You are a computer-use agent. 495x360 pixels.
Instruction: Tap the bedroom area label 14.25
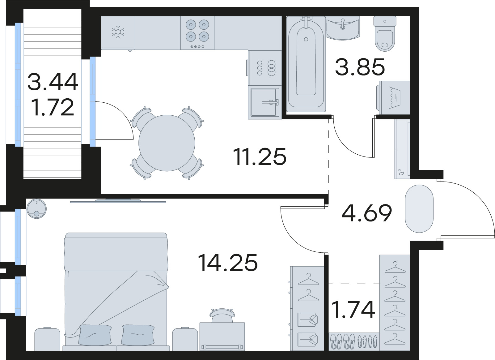(228, 263)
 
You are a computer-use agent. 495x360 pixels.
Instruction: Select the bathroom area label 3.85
(360, 66)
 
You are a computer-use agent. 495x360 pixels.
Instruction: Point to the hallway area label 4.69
(367, 213)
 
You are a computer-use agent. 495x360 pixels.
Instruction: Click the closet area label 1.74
(353, 310)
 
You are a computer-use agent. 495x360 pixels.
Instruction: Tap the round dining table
(167, 143)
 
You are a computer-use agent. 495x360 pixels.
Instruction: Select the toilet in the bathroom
(385, 34)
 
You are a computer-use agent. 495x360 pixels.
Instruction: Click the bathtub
(306, 64)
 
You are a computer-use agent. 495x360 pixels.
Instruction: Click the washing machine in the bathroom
(393, 97)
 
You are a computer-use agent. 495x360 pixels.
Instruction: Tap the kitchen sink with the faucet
(265, 102)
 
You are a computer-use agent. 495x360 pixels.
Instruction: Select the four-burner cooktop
(197, 33)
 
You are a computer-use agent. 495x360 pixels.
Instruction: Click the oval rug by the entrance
(419, 209)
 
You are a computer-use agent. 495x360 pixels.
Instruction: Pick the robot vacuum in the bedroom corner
(36, 209)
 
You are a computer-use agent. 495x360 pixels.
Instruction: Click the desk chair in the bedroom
(222, 315)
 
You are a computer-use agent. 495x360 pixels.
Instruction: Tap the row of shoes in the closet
(354, 341)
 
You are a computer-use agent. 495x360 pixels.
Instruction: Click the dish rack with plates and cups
(265, 68)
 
